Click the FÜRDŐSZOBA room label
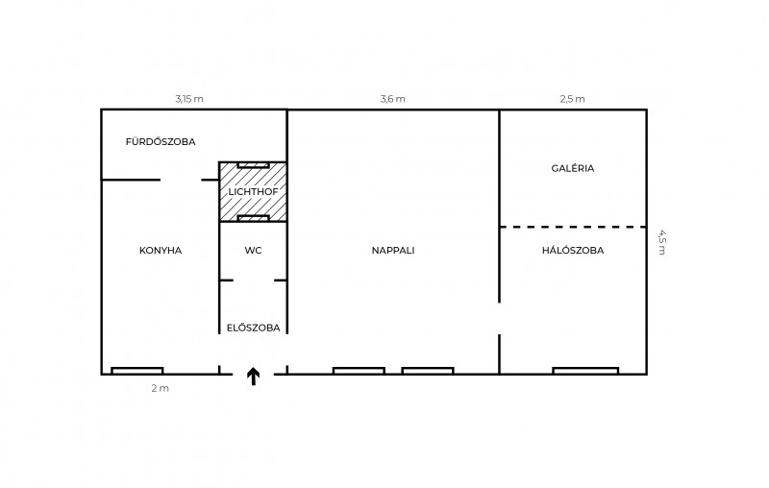[x=161, y=141]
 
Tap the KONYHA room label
[x=161, y=251]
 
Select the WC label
[x=253, y=251]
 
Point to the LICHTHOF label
[x=253, y=191]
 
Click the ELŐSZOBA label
[x=253, y=328]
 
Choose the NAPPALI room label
[x=393, y=251]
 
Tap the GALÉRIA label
[x=572, y=168]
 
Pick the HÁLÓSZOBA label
[x=573, y=251]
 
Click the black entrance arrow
[x=253, y=377]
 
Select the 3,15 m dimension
[x=189, y=99]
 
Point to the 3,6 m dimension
[x=393, y=99]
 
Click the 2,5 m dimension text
[x=572, y=99]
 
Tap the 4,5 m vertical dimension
[x=661, y=242]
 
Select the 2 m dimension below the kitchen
[x=160, y=388]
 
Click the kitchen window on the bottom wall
[x=137, y=371]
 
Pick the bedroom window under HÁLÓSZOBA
[x=585, y=371]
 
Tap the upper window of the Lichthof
[x=253, y=165]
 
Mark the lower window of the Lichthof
[x=253, y=218]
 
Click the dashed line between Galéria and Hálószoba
[x=573, y=227]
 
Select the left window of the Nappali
[x=359, y=371]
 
